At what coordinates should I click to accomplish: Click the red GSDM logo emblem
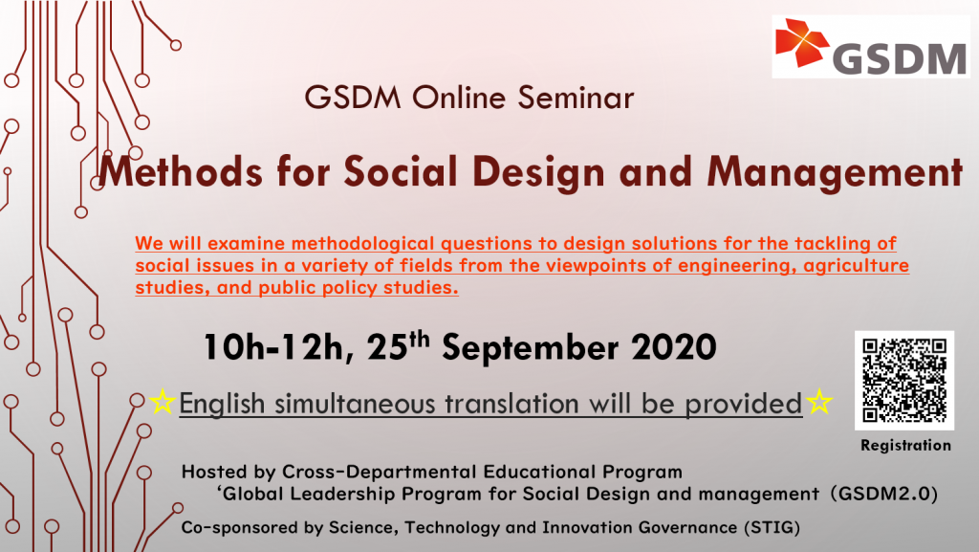tap(802, 42)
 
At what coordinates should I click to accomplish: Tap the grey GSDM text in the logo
tap(899, 58)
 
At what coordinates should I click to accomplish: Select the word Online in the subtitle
tap(458, 98)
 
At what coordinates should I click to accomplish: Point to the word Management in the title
tap(835, 171)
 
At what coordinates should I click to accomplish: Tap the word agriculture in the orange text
tap(856, 265)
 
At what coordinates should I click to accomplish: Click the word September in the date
tap(530, 348)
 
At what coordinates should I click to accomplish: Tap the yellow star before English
tap(163, 402)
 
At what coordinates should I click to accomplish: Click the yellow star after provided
tap(818, 402)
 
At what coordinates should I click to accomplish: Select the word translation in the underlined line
tap(511, 404)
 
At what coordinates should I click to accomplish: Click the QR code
tap(904, 380)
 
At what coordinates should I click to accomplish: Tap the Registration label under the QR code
tap(906, 445)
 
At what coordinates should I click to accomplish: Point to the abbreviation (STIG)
tap(772, 528)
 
